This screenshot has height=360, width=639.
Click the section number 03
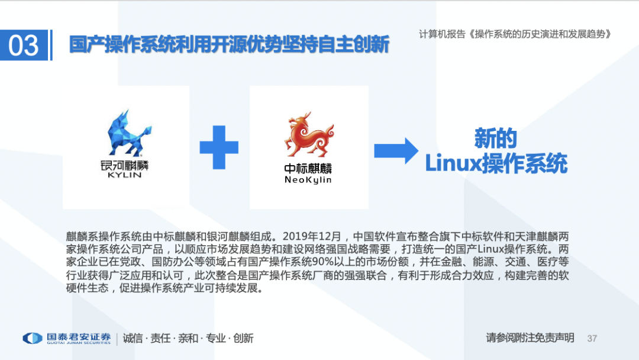coord(24,46)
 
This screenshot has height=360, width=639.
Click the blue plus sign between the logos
coord(219,147)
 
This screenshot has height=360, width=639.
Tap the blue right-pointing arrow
coord(396,150)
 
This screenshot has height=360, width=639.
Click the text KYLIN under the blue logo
coord(125,175)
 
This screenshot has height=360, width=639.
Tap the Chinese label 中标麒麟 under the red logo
coord(308,168)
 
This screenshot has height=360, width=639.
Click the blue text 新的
coord(495,139)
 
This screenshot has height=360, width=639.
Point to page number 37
coord(592,338)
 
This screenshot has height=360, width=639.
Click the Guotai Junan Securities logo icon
coord(33,338)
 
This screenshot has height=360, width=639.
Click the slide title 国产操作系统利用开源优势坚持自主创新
coord(229,45)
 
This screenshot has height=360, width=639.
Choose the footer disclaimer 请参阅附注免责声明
coord(530,337)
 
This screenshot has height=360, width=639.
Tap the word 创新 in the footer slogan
coord(243,338)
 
